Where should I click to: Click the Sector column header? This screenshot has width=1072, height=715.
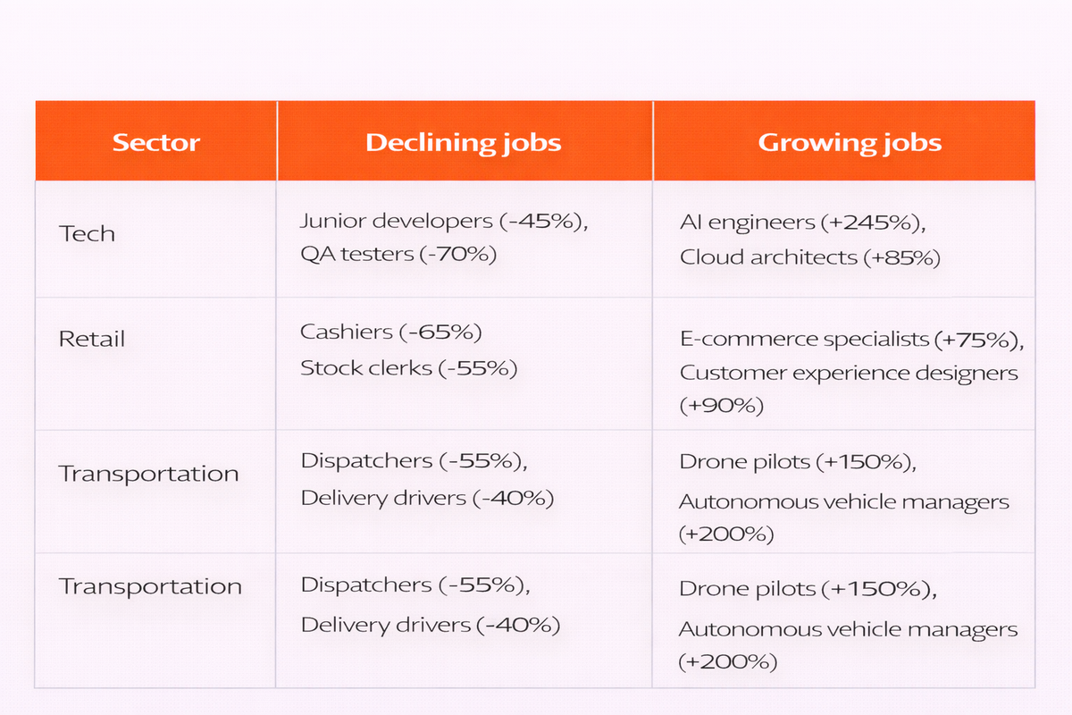tap(156, 143)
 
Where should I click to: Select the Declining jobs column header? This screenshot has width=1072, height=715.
tap(464, 143)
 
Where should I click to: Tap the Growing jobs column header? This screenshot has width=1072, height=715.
tap(850, 143)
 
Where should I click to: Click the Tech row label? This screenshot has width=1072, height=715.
tap(87, 234)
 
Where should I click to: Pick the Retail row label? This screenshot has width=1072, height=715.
tap(92, 340)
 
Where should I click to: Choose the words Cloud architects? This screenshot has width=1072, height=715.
tap(768, 257)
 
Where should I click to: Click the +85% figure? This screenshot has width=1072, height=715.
tap(902, 257)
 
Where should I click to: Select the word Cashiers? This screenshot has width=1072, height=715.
tap(347, 332)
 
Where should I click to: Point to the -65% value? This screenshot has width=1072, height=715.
tap(440, 332)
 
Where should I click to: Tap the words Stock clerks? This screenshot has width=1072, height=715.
tap(365, 367)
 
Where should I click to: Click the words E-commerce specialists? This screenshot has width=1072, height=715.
tap(805, 340)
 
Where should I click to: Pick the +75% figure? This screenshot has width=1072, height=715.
tap(979, 340)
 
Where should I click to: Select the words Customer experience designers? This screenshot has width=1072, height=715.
tap(849, 373)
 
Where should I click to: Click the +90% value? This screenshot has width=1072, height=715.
tap(722, 406)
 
